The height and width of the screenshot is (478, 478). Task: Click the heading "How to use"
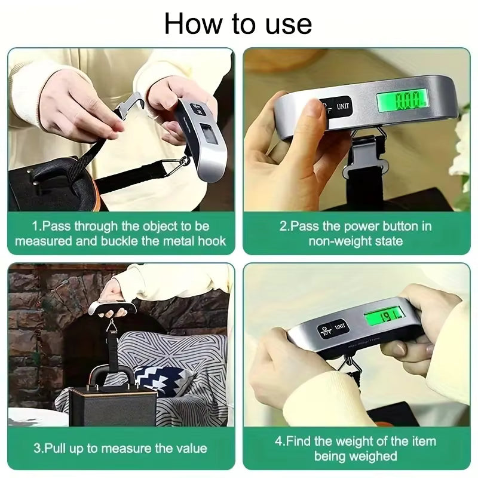(x=238, y=24)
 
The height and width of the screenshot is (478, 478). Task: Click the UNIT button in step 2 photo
(x=343, y=108)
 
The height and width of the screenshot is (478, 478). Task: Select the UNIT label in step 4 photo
(x=340, y=326)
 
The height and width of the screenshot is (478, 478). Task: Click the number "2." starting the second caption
(x=285, y=226)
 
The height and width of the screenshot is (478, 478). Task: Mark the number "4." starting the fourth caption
(x=280, y=442)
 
